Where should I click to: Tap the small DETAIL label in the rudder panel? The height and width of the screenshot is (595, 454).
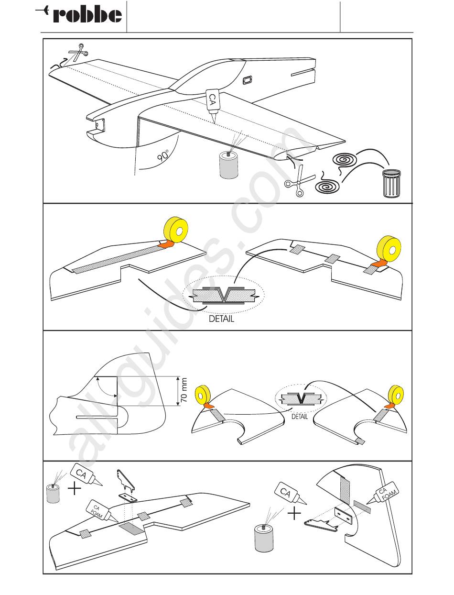300,417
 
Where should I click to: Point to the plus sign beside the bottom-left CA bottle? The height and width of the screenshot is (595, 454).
75,488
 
